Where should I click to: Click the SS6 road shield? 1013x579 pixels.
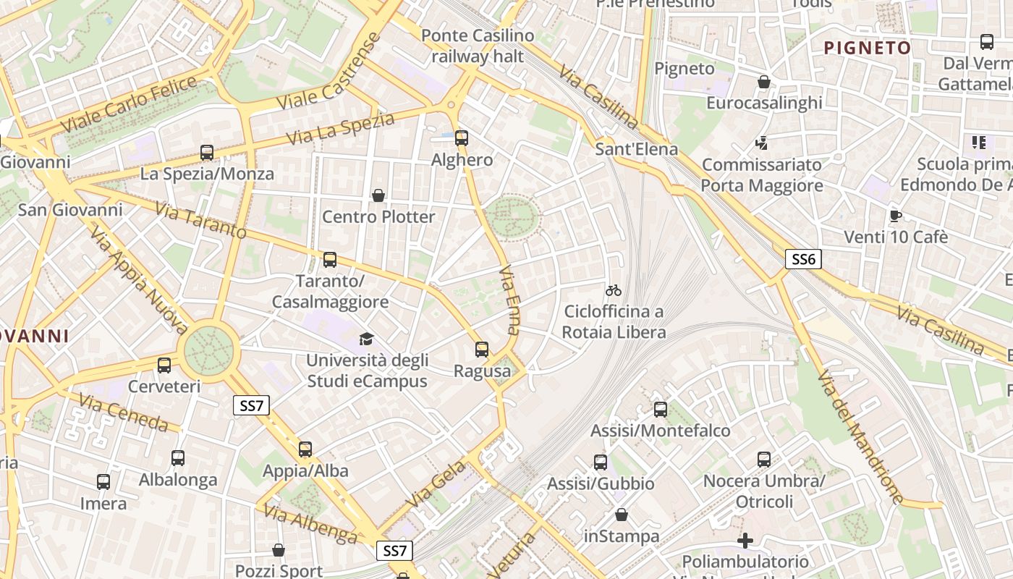803,259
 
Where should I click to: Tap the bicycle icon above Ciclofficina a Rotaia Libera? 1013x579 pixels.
614,290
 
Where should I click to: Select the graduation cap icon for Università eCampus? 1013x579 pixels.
367,339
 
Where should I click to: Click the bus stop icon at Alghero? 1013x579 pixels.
462,138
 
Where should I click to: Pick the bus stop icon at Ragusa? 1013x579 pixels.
482,350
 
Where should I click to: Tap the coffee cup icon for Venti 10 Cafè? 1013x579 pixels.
896,216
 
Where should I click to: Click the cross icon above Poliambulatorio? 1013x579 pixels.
745,541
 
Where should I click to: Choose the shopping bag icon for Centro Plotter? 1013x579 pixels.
378,195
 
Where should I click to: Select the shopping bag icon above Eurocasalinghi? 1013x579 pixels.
763,82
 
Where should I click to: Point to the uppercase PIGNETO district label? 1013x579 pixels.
868,48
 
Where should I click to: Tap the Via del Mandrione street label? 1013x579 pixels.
860,437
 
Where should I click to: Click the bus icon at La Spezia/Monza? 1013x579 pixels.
207,153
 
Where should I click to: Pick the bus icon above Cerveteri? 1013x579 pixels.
164,365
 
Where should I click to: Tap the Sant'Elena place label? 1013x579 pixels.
637,149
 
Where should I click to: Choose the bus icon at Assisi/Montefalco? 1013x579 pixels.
661,410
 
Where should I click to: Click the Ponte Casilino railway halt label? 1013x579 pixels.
478,46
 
